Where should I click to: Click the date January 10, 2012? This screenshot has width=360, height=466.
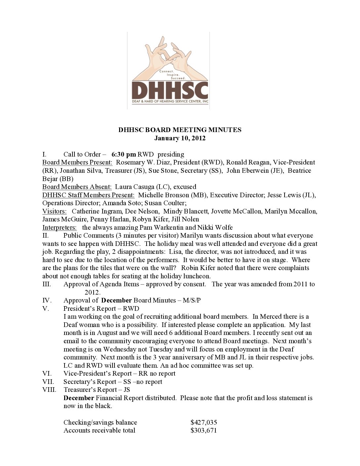click(180, 138)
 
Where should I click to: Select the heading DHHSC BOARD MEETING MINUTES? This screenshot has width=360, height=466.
click(180, 130)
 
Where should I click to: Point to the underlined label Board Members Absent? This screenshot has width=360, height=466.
click(77, 187)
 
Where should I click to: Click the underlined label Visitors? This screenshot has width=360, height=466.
click(54, 211)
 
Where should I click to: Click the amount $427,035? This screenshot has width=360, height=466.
click(203, 422)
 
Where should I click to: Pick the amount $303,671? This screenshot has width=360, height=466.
click(203, 430)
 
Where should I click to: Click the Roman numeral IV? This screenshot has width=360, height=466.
click(47, 300)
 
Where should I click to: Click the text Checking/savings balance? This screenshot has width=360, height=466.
click(100, 422)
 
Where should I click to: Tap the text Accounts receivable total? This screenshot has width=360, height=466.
click(99, 430)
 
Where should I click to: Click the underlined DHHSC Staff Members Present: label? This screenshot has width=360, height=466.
click(88, 195)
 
